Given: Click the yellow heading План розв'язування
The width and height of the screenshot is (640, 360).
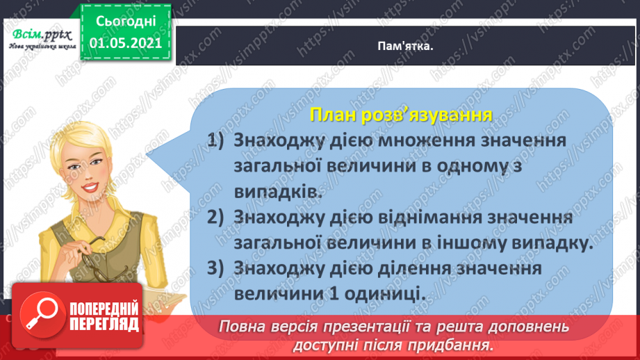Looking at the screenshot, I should pos(401,113).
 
